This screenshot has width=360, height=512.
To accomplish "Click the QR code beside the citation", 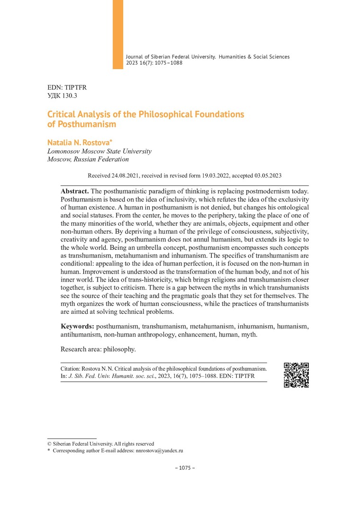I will [x=296, y=375].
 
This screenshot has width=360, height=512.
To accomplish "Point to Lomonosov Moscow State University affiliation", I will [x=99, y=151].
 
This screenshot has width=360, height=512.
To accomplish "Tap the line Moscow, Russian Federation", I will [x=88, y=159].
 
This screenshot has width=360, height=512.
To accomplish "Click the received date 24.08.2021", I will [x=126, y=175].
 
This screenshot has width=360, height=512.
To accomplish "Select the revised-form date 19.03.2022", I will [x=213, y=175].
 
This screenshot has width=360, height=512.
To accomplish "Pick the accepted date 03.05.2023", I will [x=267, y=175].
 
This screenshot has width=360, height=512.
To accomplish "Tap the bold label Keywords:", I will [x=77, y=327].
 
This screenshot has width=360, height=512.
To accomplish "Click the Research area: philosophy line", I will [x=98, y=349].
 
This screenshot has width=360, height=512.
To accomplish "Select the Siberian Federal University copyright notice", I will [x=100, y=444].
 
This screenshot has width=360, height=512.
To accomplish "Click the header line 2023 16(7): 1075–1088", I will [x=154, y=63].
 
